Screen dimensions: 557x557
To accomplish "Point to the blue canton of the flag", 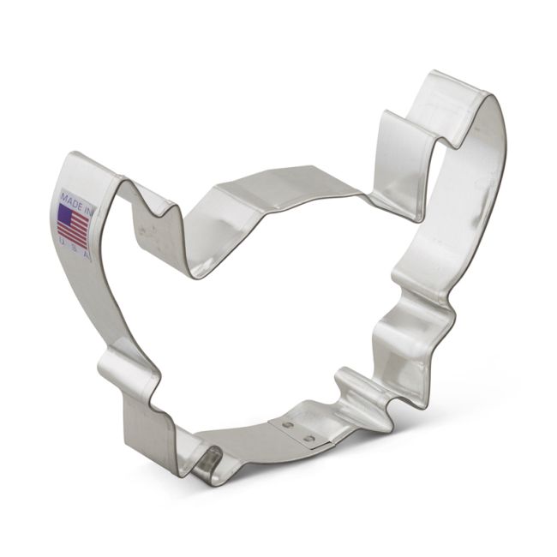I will click(65, 213).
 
